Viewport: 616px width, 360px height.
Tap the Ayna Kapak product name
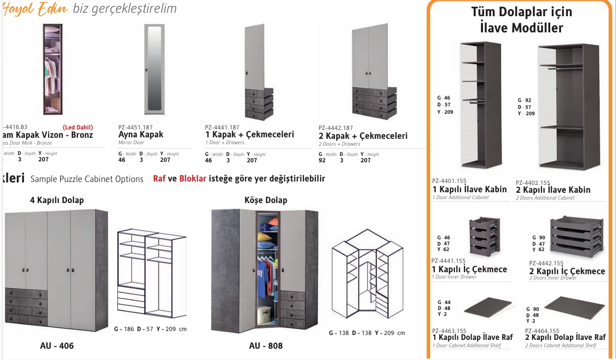click(x=141, y=134)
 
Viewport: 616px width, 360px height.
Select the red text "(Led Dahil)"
click(x=78, y=127)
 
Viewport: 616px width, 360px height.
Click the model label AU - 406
click(x=57, y=346)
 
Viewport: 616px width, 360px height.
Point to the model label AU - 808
click(x=266, y=346)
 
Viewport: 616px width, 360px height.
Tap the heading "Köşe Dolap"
click(x=266, y=200)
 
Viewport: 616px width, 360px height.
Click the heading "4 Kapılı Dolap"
click(x=56, y=200)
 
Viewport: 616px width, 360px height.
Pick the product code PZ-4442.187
click(x=336, y=128)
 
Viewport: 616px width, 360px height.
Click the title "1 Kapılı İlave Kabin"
click(x=469, y=190)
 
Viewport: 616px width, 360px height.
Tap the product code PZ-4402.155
click(x=533, y=182)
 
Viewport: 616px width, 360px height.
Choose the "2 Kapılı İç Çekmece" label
click(x=567, y=271)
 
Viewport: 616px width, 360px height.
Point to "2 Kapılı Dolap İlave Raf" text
click(x=565, y=337)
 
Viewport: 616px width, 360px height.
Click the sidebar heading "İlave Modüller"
click(x=521, y=28)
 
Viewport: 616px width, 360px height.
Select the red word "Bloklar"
click(x=192, y=179)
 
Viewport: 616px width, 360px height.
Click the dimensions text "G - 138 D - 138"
click(x=350, y=333)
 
